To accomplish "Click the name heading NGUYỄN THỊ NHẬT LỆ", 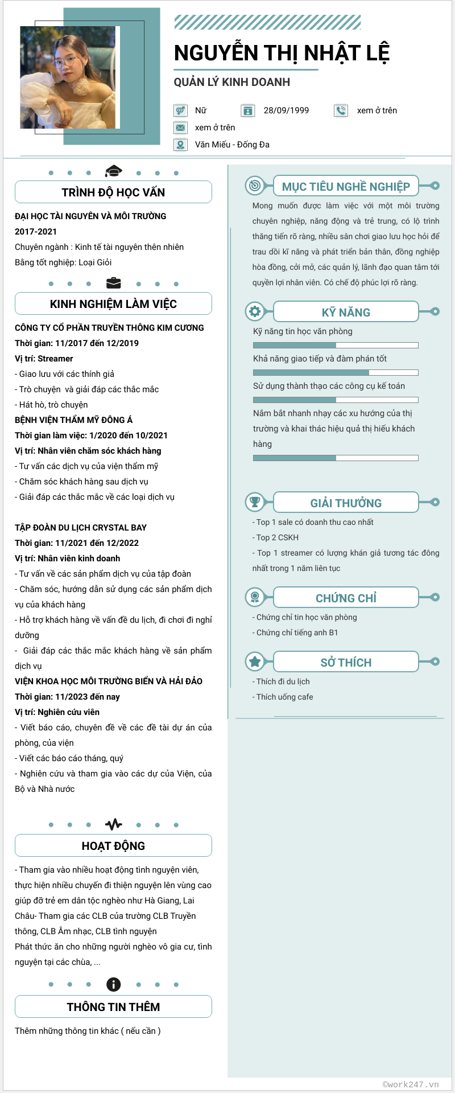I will (282, 53).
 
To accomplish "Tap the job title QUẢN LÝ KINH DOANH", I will (232, 82).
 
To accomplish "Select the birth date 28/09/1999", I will (286, 110).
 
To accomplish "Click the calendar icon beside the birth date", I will (247, 110).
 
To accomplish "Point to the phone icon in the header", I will (341, 110).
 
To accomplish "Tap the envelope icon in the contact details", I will (180, 128).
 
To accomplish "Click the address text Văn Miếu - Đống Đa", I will (232, 145).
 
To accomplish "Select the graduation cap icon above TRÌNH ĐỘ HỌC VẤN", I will (113, 171).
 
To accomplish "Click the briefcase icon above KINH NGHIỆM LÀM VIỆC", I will (113, 282).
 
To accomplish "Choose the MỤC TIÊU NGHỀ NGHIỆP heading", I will (346, 187).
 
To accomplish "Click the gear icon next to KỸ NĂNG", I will (255, 311).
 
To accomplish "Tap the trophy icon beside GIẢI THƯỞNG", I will (255, 502).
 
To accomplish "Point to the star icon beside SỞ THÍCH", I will (255, 661).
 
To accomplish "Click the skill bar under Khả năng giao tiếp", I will (336, 372).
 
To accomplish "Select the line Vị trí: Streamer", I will (44, 359).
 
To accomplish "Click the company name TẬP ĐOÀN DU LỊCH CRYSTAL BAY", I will (81, 528).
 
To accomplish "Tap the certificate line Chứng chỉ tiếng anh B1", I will (297, 632).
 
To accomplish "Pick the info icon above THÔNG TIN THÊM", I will (113, 984).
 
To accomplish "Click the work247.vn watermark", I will (411, 1084).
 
